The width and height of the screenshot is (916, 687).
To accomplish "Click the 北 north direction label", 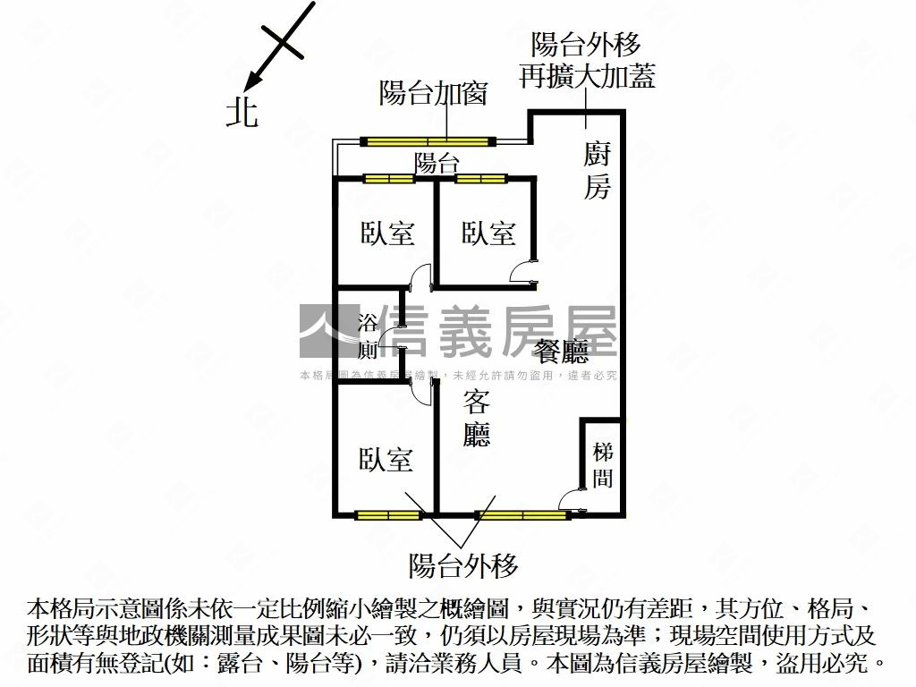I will click(242, 113).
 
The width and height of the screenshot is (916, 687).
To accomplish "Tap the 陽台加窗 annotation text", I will click(433, 92).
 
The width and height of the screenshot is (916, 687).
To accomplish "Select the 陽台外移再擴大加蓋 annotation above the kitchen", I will click(587, 60).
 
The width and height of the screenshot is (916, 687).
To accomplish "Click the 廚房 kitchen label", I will click(598, 171).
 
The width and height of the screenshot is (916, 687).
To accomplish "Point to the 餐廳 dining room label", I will click(562, 350).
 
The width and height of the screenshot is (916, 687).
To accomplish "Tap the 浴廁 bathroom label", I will click(367, 335).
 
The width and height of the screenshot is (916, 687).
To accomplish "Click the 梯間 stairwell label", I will click(603, 465).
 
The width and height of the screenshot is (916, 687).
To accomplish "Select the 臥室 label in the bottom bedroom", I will click(386, 460).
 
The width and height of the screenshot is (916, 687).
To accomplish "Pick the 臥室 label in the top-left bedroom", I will click(387, 233).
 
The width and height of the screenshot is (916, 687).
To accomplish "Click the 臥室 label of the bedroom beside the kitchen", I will click(488, 233).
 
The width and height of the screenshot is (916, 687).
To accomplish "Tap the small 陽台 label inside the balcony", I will click(437, 163).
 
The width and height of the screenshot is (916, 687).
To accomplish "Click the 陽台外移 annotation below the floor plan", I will click(463, 565).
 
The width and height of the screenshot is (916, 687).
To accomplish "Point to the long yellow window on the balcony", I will click(428, 140).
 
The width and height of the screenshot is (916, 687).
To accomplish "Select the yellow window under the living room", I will click(522, 514).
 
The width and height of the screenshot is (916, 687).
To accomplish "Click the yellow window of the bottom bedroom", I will click(387, 514).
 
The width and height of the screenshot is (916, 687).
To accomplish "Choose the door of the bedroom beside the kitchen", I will click(522, 272).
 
